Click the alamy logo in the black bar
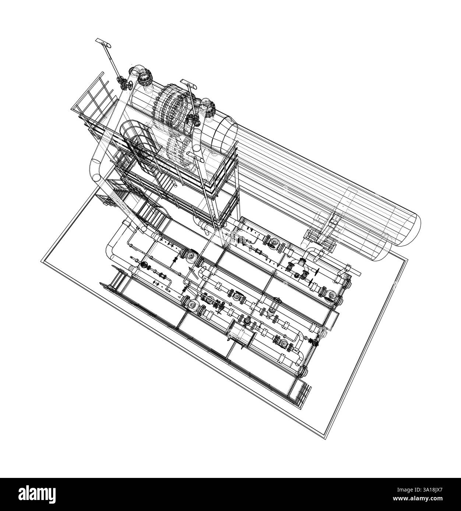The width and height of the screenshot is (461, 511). [x=37, y=494]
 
